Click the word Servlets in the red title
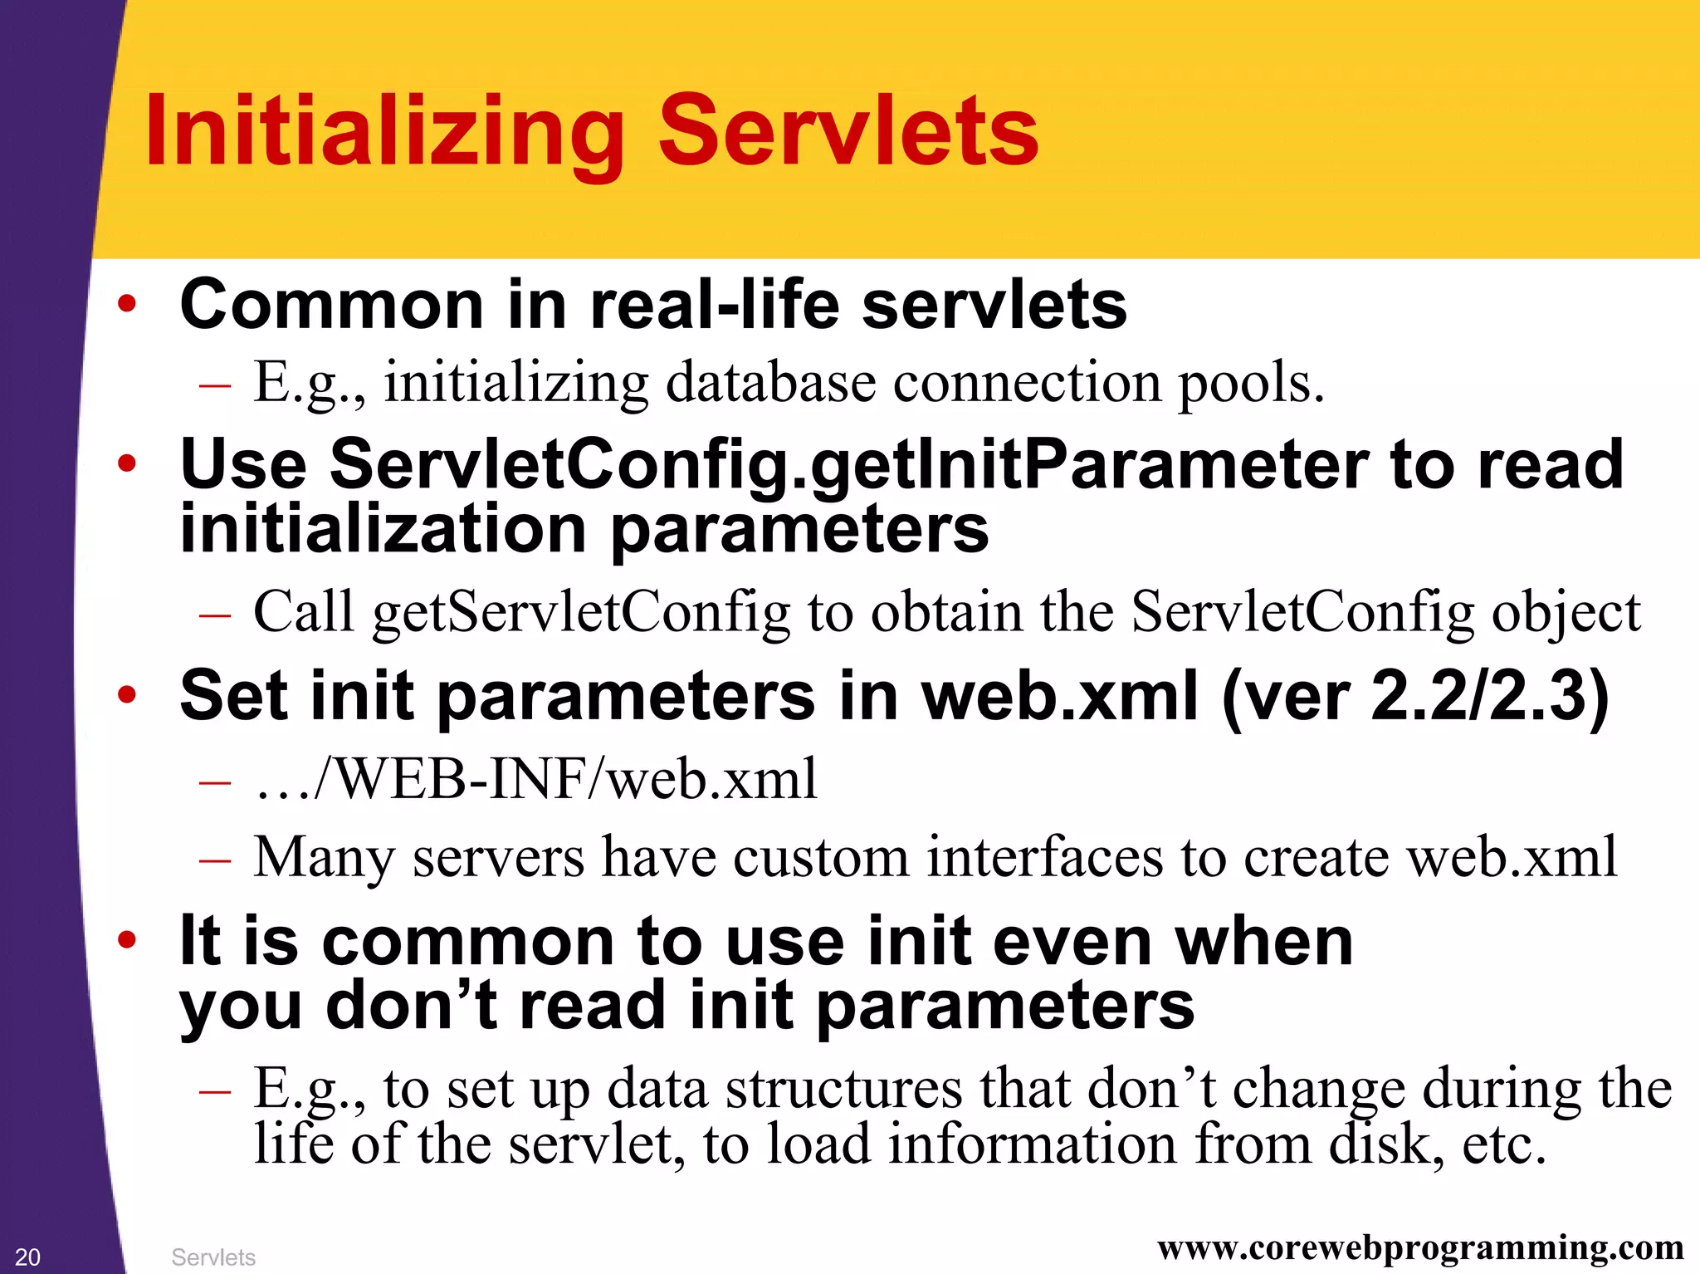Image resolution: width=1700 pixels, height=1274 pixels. click(x=848, y=131)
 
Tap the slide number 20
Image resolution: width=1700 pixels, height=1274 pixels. click(x=27, y=1257)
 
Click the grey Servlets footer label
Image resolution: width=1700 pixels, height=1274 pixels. click(x=213, y=1257)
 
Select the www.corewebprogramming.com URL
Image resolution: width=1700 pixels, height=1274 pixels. click(x=1420, y=1247)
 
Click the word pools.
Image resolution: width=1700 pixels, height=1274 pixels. click(x=1251, y=385)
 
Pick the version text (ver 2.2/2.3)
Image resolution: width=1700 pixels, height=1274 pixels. click(x=1415, y=696)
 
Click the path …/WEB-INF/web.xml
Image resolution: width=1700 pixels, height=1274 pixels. click(x=536, y=779)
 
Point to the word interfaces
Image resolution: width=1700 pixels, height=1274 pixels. click(x=1044, y=856)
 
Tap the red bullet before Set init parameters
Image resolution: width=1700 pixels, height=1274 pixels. click(x=126, y=695)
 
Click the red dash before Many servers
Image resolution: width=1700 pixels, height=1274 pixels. click(x=215, y=860)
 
